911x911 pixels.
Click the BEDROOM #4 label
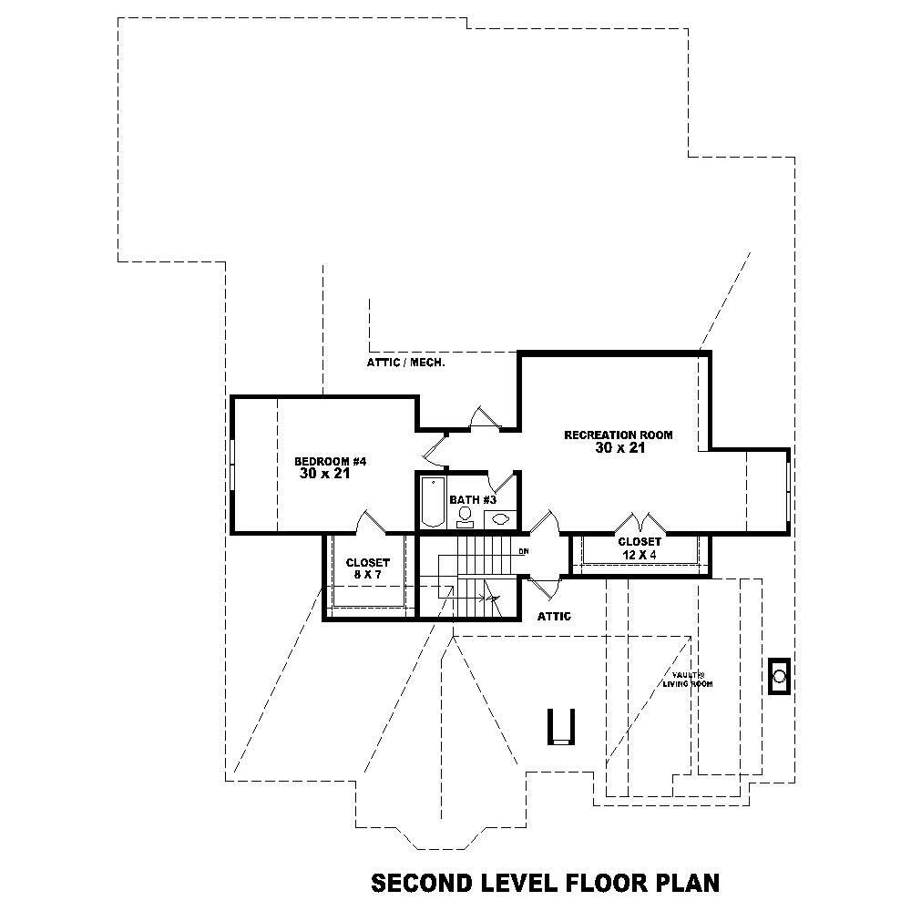[331, 461]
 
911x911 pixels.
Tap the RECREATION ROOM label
[619, 435]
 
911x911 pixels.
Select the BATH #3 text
[473, 500]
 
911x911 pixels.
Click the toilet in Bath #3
[466, 517]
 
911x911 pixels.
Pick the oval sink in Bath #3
[499, 519]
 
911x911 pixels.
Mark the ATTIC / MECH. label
[405, 363]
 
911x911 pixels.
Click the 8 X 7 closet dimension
[367, 576]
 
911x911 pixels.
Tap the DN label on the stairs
[523, 551]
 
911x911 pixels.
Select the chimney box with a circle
[780, 676]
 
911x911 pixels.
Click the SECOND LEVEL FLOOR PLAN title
[545, 883]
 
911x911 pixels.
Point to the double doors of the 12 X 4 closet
[640, 524]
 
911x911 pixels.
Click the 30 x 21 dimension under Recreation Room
[619, 448]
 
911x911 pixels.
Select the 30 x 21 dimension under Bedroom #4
[324, 474]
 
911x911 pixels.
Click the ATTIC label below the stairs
[554, 617]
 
